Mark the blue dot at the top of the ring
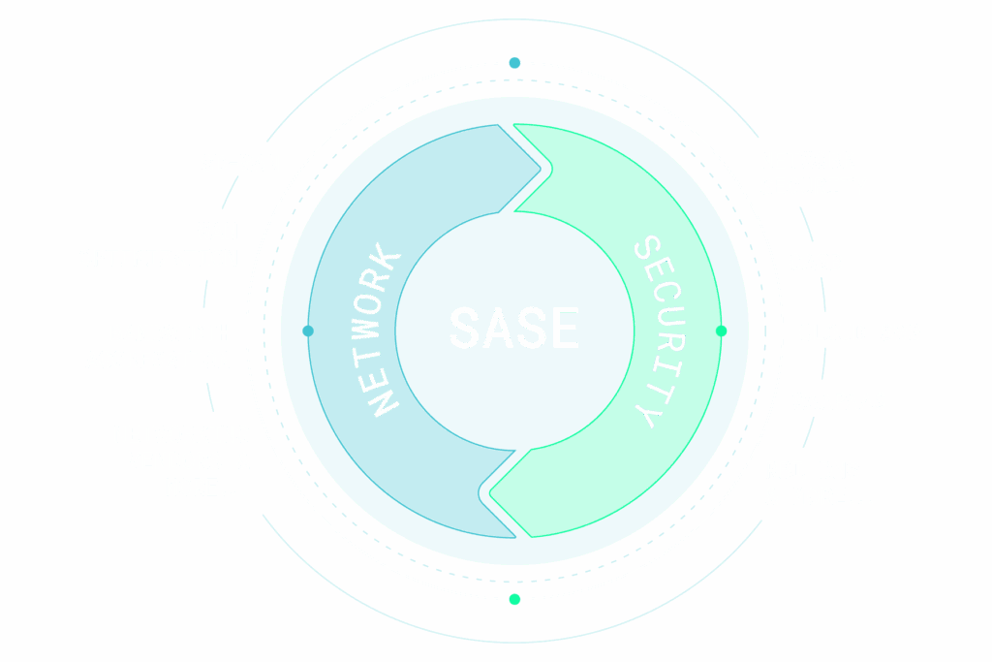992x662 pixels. (514, 63)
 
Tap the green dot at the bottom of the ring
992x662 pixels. (514, 599)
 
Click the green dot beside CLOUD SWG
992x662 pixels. (721, 331)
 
